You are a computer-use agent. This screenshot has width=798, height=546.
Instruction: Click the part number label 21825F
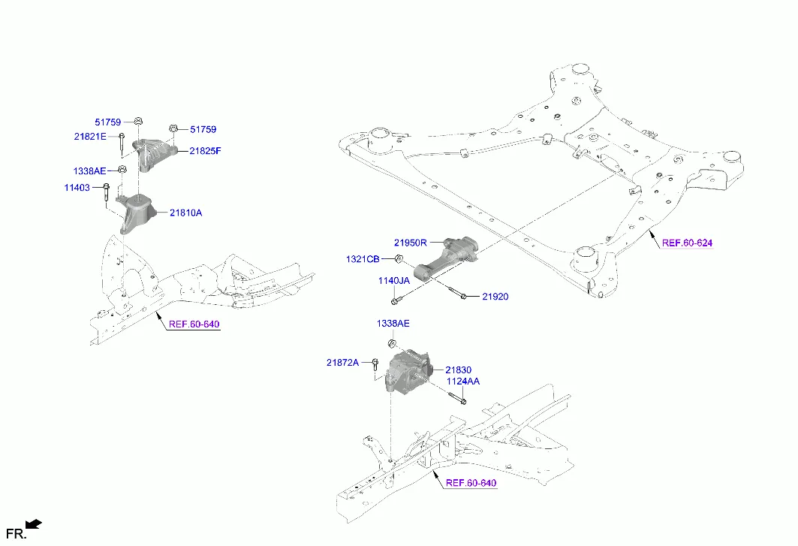205,151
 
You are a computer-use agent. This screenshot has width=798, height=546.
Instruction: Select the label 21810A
185,213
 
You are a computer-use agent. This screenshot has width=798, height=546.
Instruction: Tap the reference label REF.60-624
687,243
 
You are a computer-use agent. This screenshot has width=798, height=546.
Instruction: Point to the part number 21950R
410,243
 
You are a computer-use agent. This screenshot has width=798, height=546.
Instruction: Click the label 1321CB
363,259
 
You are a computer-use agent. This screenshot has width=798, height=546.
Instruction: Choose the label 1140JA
393,280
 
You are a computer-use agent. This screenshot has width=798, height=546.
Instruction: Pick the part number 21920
495,297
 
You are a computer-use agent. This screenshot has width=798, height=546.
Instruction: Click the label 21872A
342,363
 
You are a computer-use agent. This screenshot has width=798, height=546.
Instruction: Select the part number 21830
458,370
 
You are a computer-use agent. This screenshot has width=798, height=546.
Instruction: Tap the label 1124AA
463,382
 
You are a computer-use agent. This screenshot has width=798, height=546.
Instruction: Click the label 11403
78,187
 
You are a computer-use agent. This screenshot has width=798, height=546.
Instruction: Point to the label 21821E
90,136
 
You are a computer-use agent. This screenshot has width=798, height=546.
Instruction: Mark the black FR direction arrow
33,523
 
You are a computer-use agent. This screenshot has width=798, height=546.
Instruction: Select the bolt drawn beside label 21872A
375,366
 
